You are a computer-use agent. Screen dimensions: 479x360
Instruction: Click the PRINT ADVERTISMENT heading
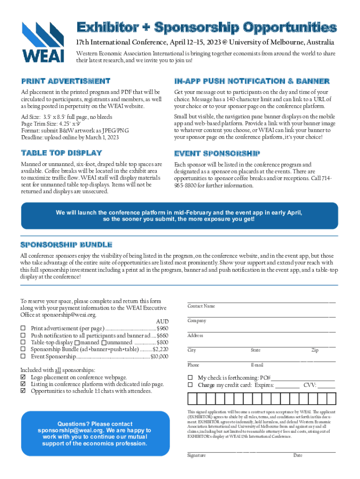(65, 81)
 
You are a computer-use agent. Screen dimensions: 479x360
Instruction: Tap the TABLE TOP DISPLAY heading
(61, 153)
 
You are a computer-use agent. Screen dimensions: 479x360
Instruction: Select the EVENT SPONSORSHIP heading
(217, 153)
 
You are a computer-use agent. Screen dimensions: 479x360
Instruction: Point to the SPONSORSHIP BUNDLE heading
(66, 245)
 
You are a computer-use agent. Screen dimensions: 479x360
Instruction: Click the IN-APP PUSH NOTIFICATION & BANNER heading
(252, 81)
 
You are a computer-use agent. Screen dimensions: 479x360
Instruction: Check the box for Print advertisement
(22, 329)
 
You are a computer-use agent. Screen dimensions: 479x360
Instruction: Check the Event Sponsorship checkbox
(22, 356)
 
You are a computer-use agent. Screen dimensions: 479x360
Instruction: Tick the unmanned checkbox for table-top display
(110, 343)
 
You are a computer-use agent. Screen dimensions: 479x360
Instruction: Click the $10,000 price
(159, 356)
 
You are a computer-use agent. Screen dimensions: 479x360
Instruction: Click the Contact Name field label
(201, 306)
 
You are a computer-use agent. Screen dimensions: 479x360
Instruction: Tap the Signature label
(196, 455)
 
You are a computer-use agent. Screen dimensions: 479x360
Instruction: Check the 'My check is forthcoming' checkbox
(190, 377)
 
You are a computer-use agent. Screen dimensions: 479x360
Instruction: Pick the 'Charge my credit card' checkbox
(190, 385)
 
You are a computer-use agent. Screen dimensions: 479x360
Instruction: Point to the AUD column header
(162, 322)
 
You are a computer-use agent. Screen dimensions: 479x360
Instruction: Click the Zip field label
(315, 350)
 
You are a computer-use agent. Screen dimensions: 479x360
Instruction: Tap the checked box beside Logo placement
(22, 377)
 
